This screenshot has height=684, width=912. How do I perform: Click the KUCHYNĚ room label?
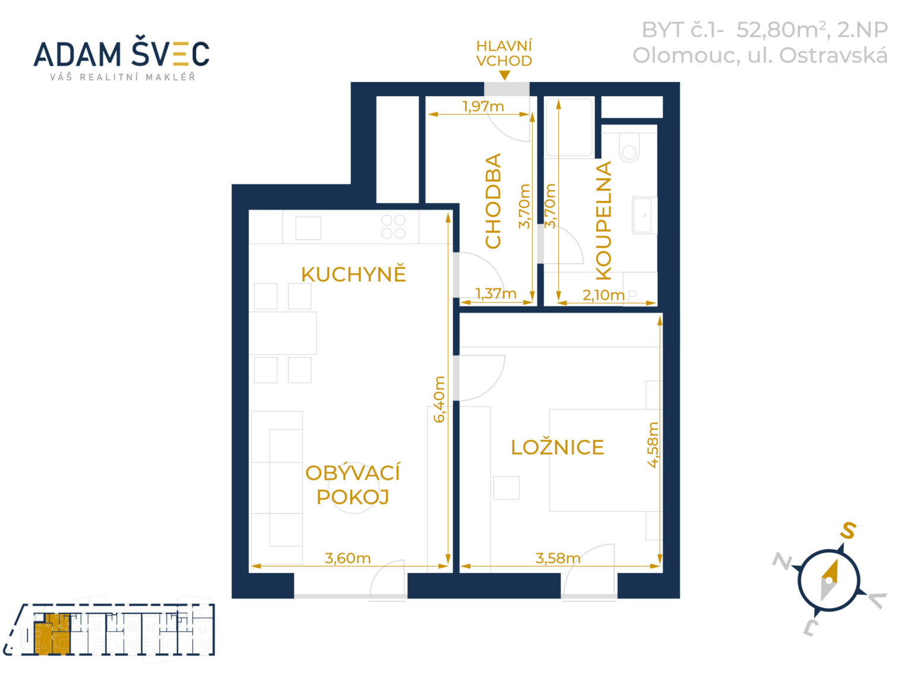coord(353,274)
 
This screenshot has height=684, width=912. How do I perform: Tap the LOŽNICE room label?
coord(557,447)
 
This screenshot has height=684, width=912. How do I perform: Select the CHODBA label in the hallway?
coord(493,201)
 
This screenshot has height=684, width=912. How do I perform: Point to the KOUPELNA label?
coord(604,220)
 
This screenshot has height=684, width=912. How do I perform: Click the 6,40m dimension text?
coord(439,399)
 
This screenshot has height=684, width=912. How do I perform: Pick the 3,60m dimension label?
coord(347,558)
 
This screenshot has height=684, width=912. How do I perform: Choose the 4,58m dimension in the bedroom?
coord(653,445)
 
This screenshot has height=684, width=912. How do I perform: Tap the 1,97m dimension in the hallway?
coord(483,107)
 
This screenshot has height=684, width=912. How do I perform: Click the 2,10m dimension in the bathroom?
coord(603,295)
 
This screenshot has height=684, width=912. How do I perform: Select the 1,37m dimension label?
coord(496,294)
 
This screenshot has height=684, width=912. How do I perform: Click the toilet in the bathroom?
coord(629,147)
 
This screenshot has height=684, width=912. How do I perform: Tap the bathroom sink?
coord(644,215)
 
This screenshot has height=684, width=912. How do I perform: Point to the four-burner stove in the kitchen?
coord(393,226)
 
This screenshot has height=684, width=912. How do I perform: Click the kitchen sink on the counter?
coord(308,228)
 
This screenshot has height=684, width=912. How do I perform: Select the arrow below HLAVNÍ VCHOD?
coord(504,75)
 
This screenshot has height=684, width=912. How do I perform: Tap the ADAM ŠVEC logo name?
coord(121,54)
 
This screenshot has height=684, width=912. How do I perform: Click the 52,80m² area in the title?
coord(783,30)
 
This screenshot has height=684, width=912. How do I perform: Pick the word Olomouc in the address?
coord(686,56)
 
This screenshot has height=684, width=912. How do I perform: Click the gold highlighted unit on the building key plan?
coord(52,633)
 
